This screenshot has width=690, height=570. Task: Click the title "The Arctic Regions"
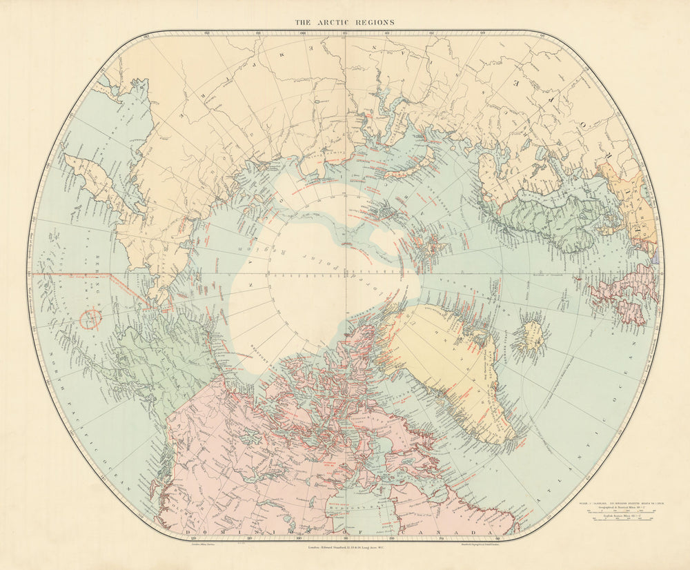pyautogui.click(x=345, y=22)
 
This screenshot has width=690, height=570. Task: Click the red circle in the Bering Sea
pyautogui.click(x=90, y=318)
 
